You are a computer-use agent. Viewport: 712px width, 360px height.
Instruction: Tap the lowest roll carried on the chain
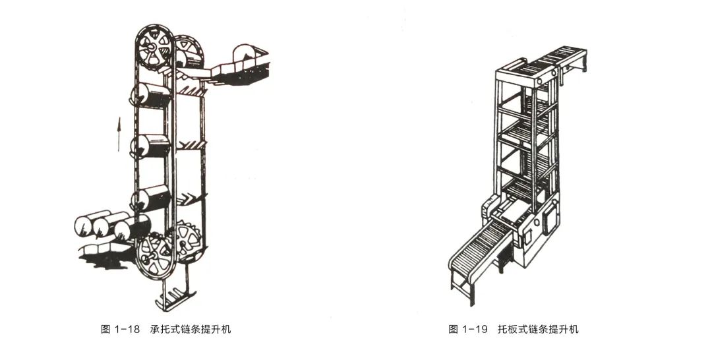point(152,197)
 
